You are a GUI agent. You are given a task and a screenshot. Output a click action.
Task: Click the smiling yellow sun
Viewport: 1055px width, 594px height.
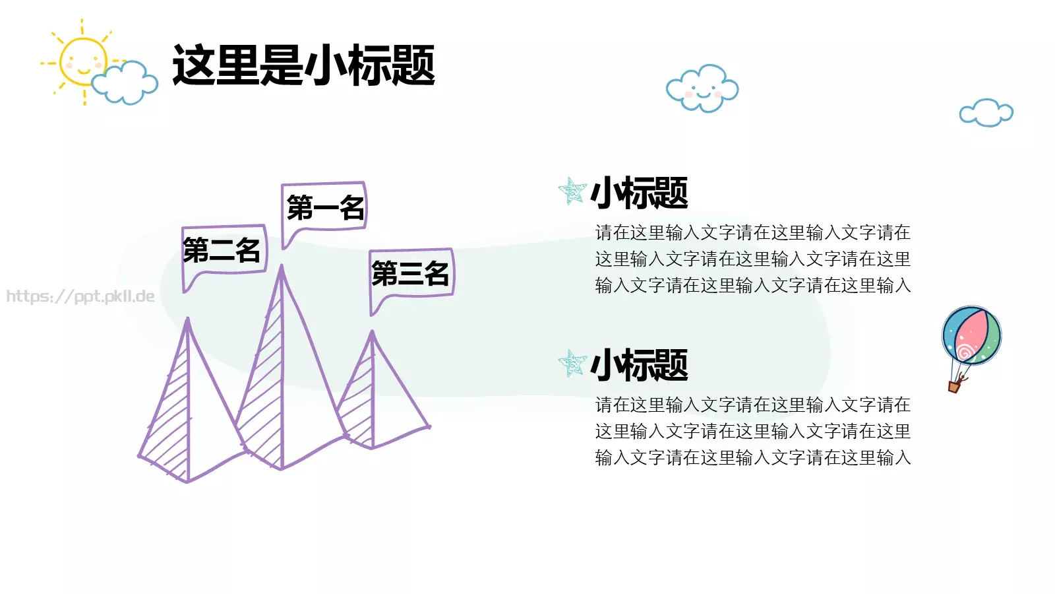(x=82, y=61)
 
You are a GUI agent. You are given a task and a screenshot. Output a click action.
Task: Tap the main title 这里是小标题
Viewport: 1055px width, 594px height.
(x=303, y=65)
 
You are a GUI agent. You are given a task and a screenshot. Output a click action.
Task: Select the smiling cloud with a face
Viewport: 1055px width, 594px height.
(x=702, y=88)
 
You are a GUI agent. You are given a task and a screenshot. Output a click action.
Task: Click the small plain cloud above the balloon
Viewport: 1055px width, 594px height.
(x=986, y=113)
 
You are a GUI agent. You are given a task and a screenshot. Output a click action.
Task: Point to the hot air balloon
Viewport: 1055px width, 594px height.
(x=971, y=335)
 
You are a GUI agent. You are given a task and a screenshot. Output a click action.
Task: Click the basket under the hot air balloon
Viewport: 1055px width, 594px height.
(x=954, y=386)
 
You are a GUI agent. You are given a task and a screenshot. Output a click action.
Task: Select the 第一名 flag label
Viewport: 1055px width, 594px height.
(x=324, y=207)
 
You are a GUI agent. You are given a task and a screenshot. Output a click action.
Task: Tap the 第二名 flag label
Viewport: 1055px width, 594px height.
(x=223, y=250)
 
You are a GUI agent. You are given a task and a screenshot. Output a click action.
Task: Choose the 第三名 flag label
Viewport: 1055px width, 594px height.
(x=411, y=273)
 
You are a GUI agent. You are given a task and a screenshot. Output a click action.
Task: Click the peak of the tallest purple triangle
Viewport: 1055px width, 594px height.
(x=282, y=267)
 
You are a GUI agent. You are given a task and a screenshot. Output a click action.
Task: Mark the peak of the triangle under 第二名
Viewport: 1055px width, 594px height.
(x=188, y=320)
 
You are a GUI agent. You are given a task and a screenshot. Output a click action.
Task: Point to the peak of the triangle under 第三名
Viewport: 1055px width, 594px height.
(x=372, y=333)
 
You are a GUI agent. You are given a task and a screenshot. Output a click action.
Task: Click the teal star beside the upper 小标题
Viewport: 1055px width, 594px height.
(x=572, y=191)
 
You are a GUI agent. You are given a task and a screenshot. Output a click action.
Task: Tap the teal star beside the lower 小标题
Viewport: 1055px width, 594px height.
(x=572, y=363)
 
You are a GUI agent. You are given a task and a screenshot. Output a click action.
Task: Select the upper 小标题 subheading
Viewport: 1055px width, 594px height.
(x=639, y=193)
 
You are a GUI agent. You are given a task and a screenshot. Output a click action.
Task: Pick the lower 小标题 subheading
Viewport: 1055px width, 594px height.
(x=639, y=365)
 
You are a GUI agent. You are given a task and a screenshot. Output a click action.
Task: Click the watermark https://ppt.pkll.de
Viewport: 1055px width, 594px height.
(x=80, y=296)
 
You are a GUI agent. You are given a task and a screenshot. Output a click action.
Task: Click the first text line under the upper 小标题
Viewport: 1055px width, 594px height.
(x=752, y=232)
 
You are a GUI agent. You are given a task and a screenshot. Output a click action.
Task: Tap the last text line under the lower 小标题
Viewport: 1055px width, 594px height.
(x=752, y=457)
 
